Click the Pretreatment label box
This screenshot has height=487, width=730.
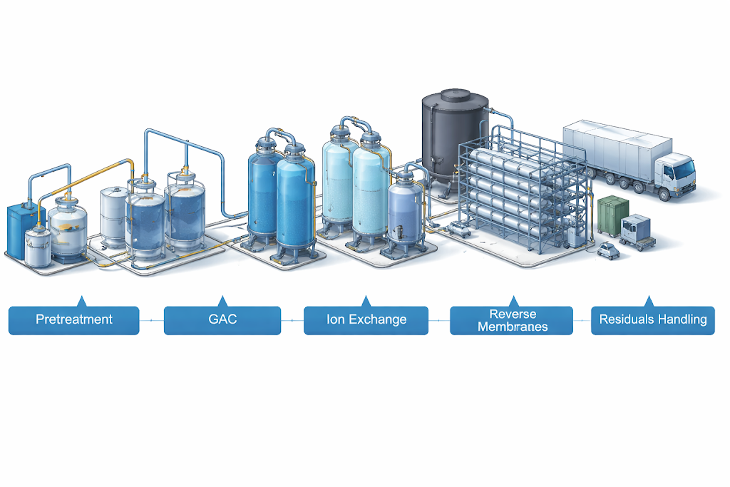coord(74,319)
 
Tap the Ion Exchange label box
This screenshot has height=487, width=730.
coord(366,319)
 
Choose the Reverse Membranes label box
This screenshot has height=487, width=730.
coord(511,320)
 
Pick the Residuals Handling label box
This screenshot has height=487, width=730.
coord(652,319)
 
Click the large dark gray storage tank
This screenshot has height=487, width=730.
coord(454,139)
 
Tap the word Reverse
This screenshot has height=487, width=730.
coord(511,314)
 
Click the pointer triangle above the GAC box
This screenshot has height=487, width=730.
coord(222,301)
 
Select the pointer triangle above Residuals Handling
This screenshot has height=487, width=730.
coord(649,301)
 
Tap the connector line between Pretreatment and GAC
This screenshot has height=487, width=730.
coord(151,320)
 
